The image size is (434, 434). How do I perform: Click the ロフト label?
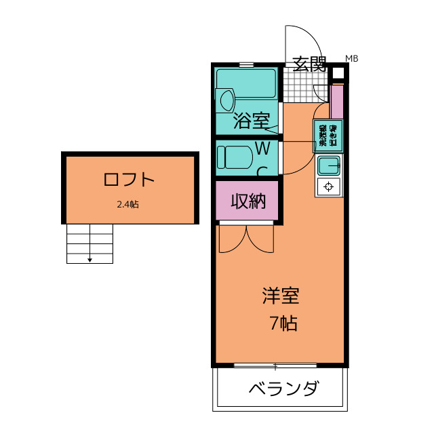[x=130, y=180]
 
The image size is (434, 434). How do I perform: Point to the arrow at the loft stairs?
[x=90, y=258]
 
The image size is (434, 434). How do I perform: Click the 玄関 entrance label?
[x=309, y=64]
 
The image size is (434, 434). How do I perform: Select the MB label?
[x=351, y=58]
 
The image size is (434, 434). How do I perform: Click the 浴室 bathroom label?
[x=252, y=121]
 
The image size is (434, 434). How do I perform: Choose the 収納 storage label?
[x=248, y=201]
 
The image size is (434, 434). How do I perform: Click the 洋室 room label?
[x=280, y=296]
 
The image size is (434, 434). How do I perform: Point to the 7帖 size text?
[x=283, y=323]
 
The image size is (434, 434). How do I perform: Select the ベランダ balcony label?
[x=282, y=389]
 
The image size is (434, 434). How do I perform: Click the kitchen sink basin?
[x=329, y=165]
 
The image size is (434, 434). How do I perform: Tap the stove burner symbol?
[x=329, y=186]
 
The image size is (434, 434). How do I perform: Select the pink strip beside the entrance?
[x=337, y=100]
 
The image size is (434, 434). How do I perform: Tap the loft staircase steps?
[x=89, y=243]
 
